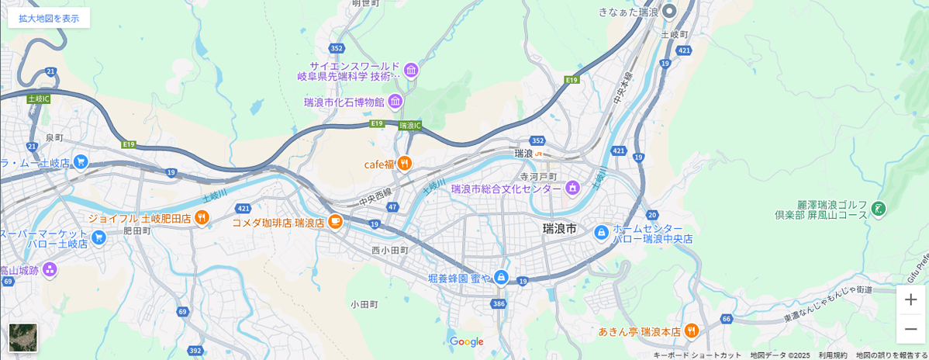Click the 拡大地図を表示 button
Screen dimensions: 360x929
coord(49,18)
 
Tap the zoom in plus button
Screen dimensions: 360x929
coord(910,299)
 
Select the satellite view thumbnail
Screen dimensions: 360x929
coord(22,337)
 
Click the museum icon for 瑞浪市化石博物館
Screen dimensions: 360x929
coord(395,102)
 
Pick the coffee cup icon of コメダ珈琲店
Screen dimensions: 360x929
coord(335,222)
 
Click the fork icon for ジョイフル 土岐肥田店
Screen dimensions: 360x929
coord(202,218)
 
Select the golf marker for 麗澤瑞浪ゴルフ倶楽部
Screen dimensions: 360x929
coord(879,208)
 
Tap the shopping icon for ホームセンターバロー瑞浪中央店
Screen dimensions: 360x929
coord(601,232)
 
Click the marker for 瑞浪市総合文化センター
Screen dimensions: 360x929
coord(572,188)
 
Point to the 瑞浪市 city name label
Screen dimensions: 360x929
coord(560,229)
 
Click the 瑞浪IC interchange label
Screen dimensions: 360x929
coord(410,125)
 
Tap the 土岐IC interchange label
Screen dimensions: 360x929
coord(38,99)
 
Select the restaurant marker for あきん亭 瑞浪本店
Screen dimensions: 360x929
coord(692,331)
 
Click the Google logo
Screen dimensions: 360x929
coord(466,342)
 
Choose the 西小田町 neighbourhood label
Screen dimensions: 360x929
coord(389,251)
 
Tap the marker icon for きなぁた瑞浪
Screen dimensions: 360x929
coord(670,12)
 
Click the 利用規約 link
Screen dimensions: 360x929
coord(833,355)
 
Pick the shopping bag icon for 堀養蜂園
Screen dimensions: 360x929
coord(501,277)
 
